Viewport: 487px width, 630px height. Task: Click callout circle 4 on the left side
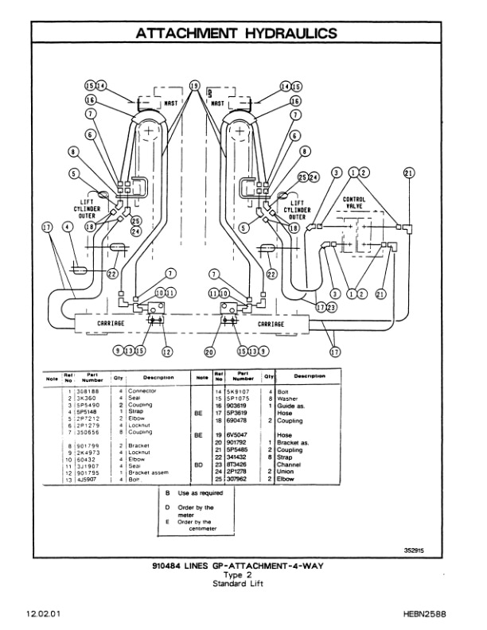point(67,227)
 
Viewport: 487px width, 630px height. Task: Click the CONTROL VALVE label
point(355,202)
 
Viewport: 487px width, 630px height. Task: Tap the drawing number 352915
point(416,548)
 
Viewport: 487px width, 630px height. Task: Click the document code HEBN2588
point(437,615)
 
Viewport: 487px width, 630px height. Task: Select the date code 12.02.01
point(41,615)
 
